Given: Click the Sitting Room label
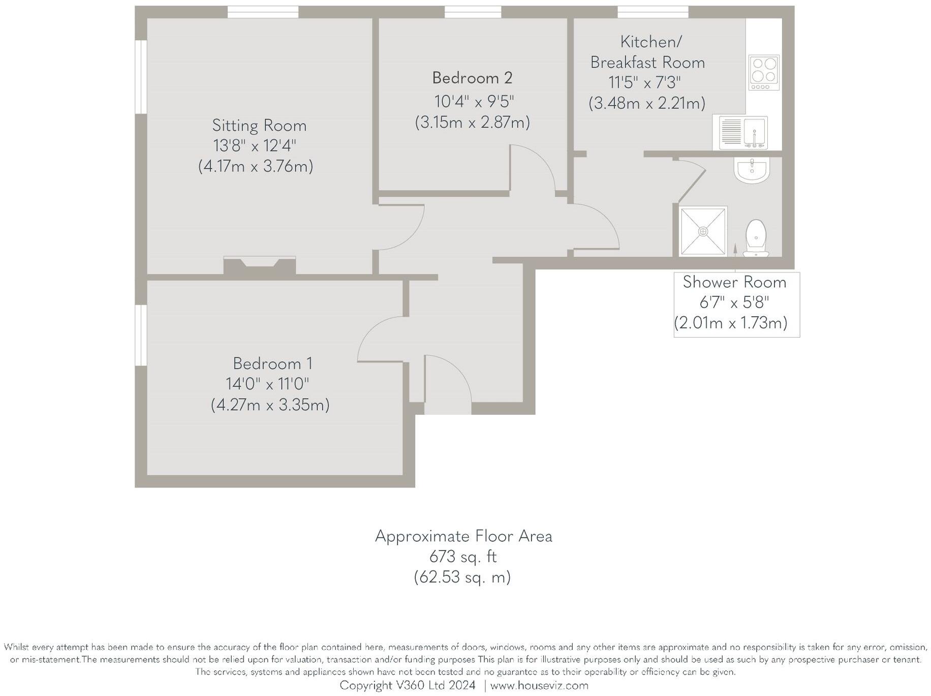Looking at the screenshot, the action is (259, 126).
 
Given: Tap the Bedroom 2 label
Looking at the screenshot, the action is (472, 78).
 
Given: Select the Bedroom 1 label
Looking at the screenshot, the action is (272, 364).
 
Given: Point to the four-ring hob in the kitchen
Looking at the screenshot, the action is (764, 73).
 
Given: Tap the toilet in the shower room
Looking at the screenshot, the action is (756, 238).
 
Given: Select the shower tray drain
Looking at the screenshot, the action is (703, 231).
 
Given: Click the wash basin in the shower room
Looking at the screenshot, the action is (753, 170).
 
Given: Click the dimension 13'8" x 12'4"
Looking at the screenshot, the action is (255, 146).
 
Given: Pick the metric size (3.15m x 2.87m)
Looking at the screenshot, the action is (472, 123).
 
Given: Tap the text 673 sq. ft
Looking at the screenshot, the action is (463, 557).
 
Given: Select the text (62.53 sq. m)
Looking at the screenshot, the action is (462, 577).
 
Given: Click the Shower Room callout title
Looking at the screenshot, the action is (734, 282).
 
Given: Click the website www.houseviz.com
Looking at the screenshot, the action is (539, 685).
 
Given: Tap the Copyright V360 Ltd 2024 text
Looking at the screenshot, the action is (408, 685).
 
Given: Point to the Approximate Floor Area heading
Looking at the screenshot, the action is (463, 536).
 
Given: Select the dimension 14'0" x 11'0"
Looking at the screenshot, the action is (267, 384).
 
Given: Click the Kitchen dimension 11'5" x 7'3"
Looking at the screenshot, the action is (645, 82).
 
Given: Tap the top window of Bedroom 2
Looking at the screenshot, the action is (473, 12).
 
